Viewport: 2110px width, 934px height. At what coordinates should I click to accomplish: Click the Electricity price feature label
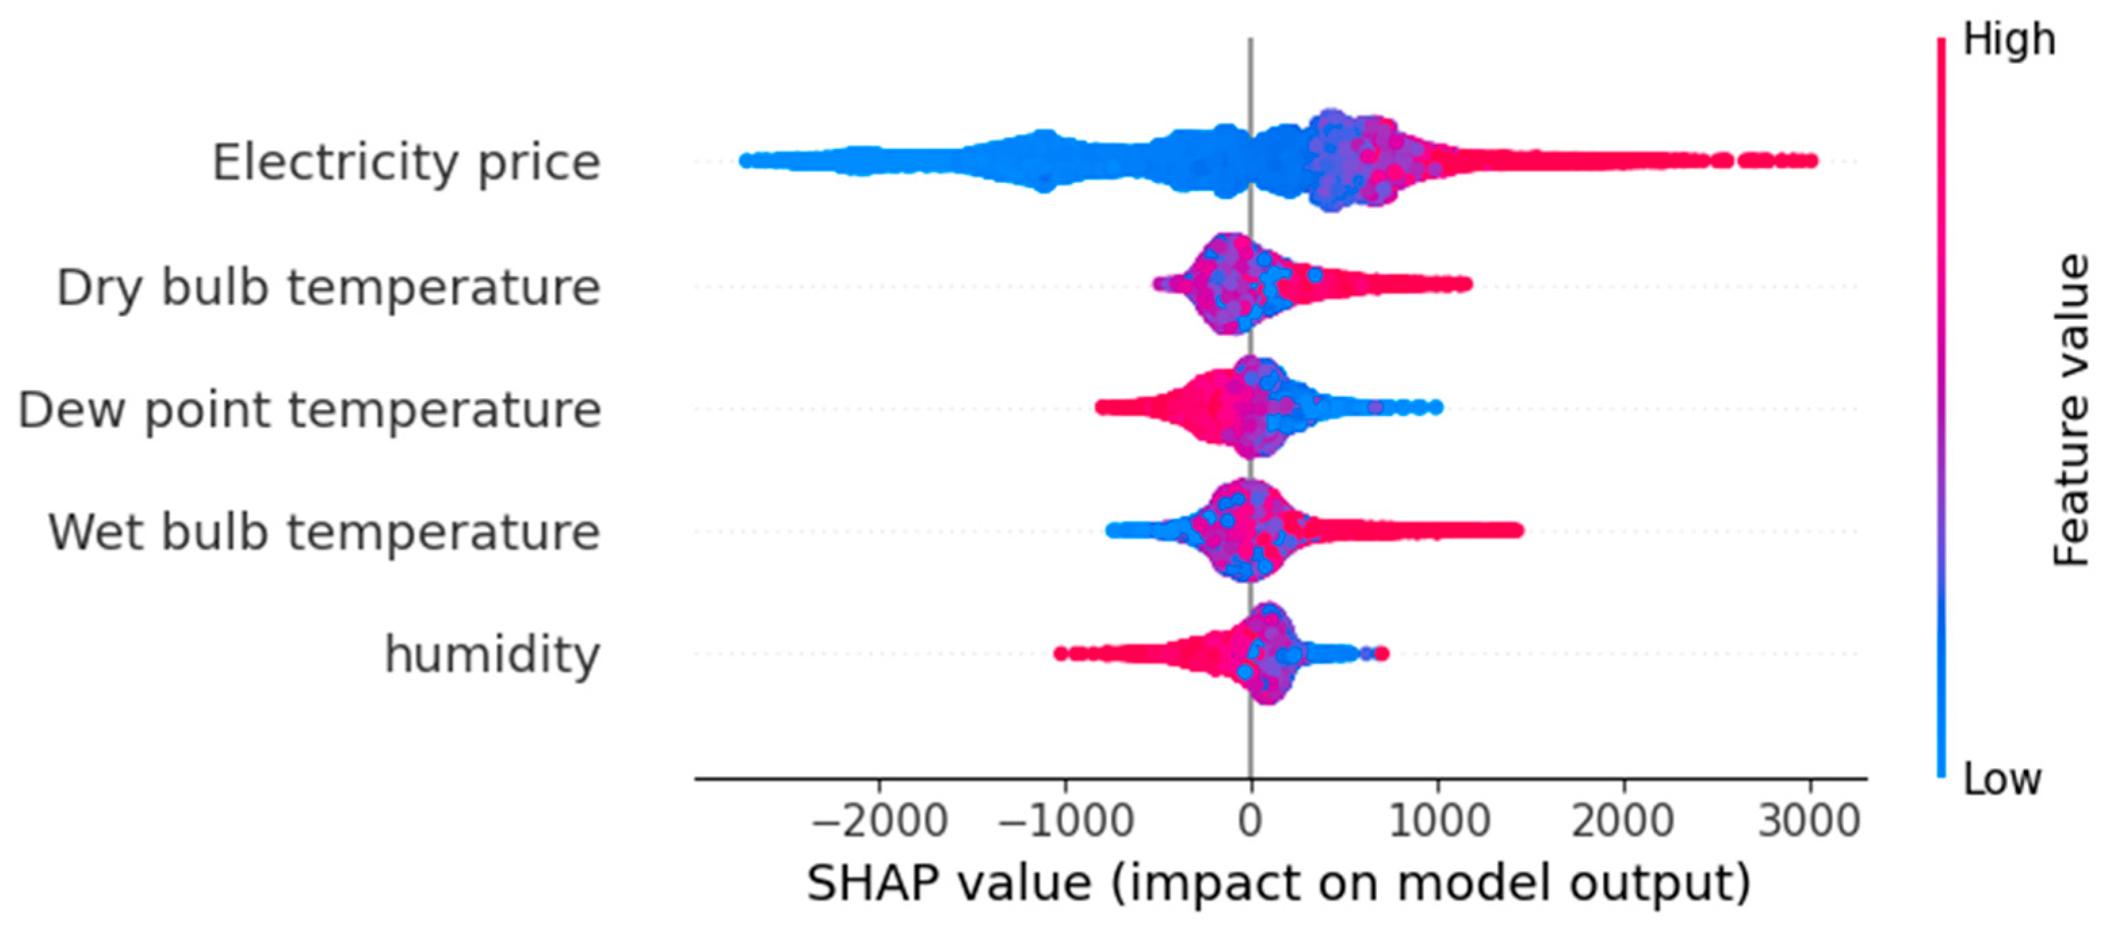406,163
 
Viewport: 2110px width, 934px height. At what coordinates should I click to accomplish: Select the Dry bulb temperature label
328,289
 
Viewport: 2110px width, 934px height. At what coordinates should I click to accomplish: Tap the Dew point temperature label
309,410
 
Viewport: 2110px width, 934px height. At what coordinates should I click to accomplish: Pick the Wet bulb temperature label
324,532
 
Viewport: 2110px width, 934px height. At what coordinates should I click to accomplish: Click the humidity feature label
492,656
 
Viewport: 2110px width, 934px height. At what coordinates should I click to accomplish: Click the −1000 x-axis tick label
1065,822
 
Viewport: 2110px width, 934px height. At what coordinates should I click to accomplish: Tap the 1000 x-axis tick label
1439,822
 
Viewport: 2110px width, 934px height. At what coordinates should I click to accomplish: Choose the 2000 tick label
1623,822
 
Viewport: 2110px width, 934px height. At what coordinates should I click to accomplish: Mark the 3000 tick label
1809,822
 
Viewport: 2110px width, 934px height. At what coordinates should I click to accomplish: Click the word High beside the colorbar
2008,41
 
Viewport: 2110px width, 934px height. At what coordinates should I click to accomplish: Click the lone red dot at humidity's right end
1381,654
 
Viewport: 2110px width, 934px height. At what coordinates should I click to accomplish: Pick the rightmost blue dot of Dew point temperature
1435,407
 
